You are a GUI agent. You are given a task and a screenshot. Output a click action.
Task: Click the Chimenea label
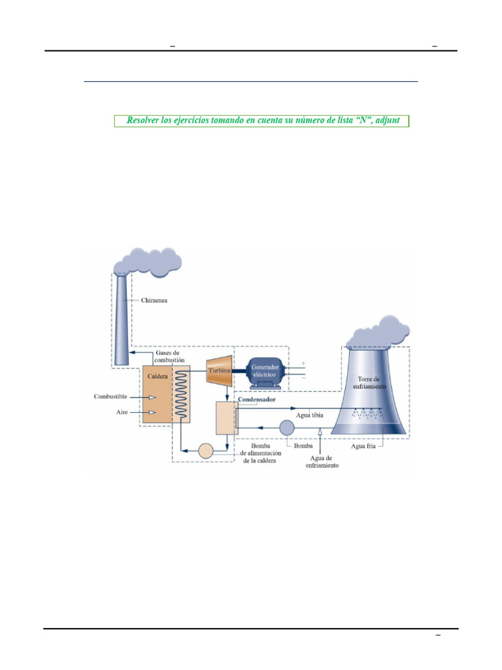154,300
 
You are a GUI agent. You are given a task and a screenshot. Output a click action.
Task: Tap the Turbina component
220,370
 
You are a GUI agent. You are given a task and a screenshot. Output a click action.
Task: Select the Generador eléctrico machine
265,372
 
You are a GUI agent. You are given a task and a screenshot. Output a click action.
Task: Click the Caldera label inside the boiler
158,376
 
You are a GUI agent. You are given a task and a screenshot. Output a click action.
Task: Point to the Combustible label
110,397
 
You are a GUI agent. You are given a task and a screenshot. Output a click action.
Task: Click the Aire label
122,412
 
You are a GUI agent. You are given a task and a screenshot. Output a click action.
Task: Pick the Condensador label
256,400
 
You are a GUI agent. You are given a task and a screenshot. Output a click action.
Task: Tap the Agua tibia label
309,415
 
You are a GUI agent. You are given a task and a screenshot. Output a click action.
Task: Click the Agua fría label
363,446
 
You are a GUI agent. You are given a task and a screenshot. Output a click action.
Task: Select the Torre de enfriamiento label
369,382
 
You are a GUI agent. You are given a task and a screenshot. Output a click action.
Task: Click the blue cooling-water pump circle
287,427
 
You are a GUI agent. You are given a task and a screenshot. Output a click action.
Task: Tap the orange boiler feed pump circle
206,450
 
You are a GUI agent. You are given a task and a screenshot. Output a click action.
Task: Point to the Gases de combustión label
169,357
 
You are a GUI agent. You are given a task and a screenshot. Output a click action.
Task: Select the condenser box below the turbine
227,418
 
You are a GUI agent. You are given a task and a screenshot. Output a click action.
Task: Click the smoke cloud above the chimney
147,261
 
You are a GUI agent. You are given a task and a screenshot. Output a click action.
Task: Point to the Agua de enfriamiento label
322,461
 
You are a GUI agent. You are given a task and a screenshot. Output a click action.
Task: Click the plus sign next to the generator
303,363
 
